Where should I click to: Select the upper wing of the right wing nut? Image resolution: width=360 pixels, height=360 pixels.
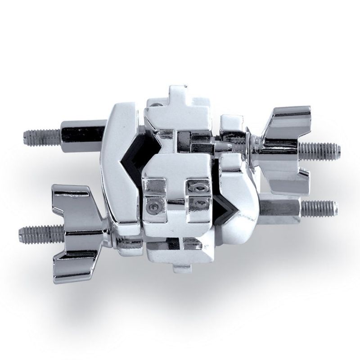pos(288,118)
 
